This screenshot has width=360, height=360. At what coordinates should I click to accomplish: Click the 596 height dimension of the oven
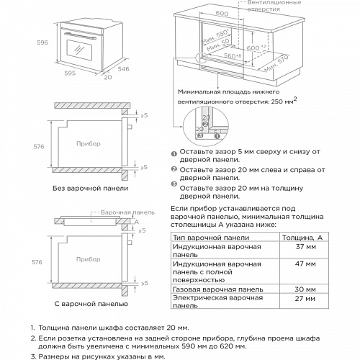(x=44, y=42)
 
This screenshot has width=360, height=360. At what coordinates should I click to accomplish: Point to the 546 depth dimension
(x=125, y=70)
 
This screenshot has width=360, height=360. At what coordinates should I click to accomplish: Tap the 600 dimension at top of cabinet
(x=221, y=14)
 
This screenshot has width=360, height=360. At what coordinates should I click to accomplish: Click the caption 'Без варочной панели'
(x=91, y=188)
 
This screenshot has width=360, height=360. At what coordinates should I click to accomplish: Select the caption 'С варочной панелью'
(x=91, y=303)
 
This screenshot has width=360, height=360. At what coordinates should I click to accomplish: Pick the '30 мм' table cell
(x=306, y=289)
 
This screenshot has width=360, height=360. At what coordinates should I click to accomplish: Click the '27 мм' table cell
(x=306, y=297)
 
